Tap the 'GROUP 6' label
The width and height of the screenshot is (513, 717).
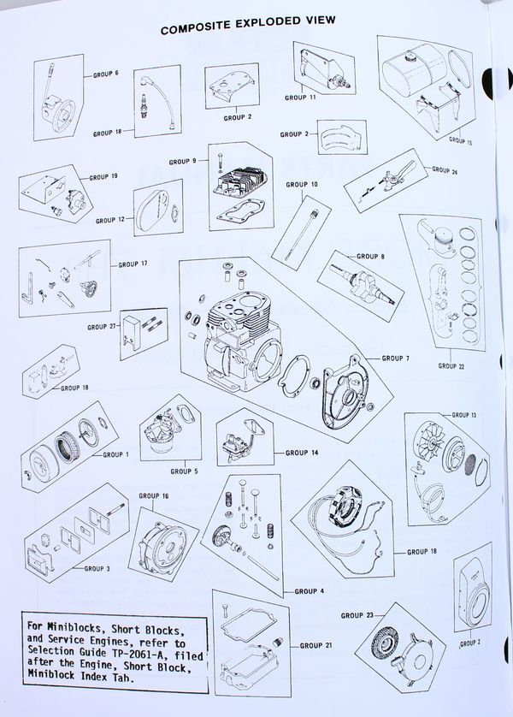pyautogui.click(x=104, y=74)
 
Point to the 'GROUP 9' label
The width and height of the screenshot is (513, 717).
pyautogui.click(x=182, y=161)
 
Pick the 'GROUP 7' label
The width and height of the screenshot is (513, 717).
pyautogui.click(x=396, y=358)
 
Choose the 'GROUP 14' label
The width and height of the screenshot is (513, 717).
pyautogui.click(x=302, y=453)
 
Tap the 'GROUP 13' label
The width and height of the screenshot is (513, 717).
pyautogui.click(x=463, y=414)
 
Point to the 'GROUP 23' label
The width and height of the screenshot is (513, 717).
pyautogui.click(x=357, y=615)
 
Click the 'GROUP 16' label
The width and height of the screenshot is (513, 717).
pyautogui.click(x=154, y=495)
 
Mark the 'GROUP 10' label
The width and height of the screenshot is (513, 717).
pyautogui.click(x=302, y=184)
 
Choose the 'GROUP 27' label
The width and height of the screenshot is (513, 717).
pyautogui.click(x=102, y=327)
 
